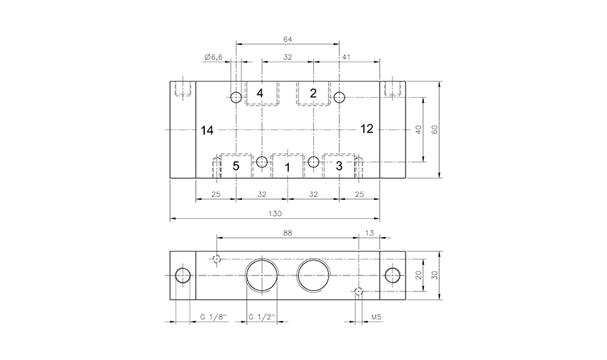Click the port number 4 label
click(x=260, y=93)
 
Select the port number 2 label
click(x=313, y=93)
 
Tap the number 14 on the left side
click(x=206, y=129)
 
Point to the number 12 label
click(x=367, y=129)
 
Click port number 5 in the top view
click(x=236, y=166)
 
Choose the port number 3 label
click(x=339, y=166)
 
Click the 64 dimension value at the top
click(x=287, y=38)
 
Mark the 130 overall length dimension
click(x=274, y=214)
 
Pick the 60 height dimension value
click(x=434, y=129)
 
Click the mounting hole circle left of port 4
click(x=236, y=97)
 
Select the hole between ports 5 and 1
click(x=262, y=162)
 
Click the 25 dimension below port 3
click(x=359, y=194)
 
